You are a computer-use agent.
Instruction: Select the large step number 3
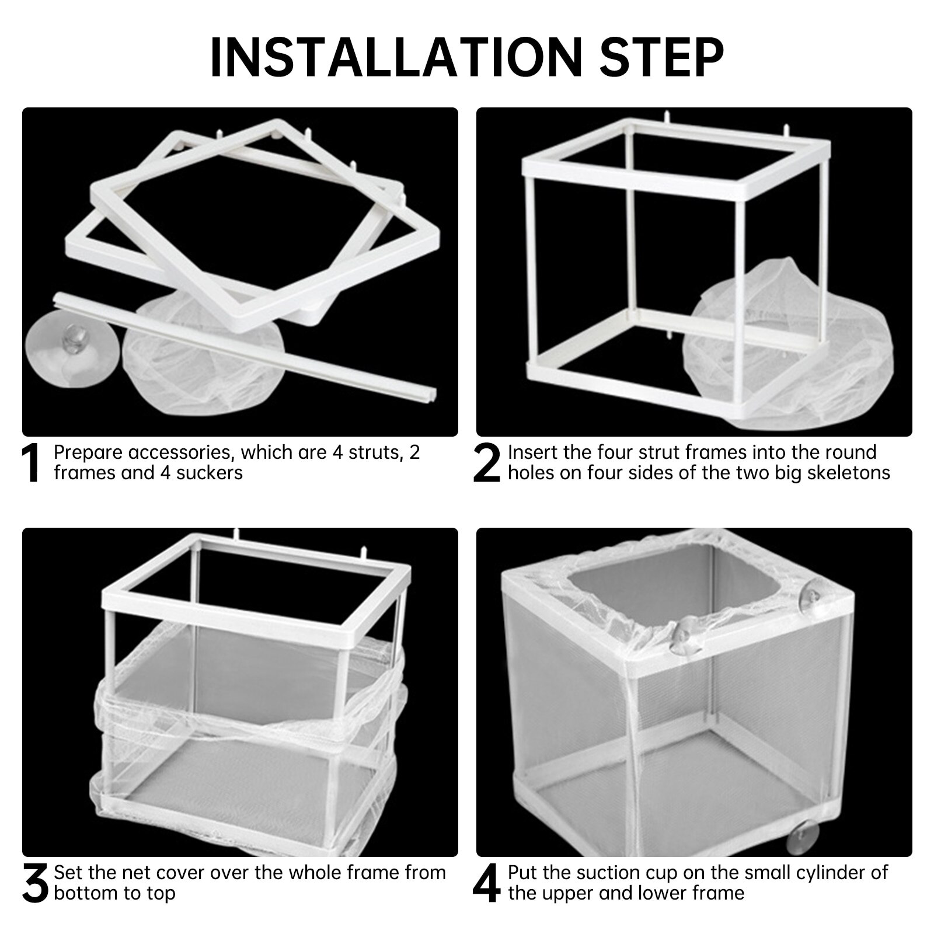(x=34, y=884)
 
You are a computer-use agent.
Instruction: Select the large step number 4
(x=486, y=884)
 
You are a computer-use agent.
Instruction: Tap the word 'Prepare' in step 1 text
(x=88, y=452)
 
